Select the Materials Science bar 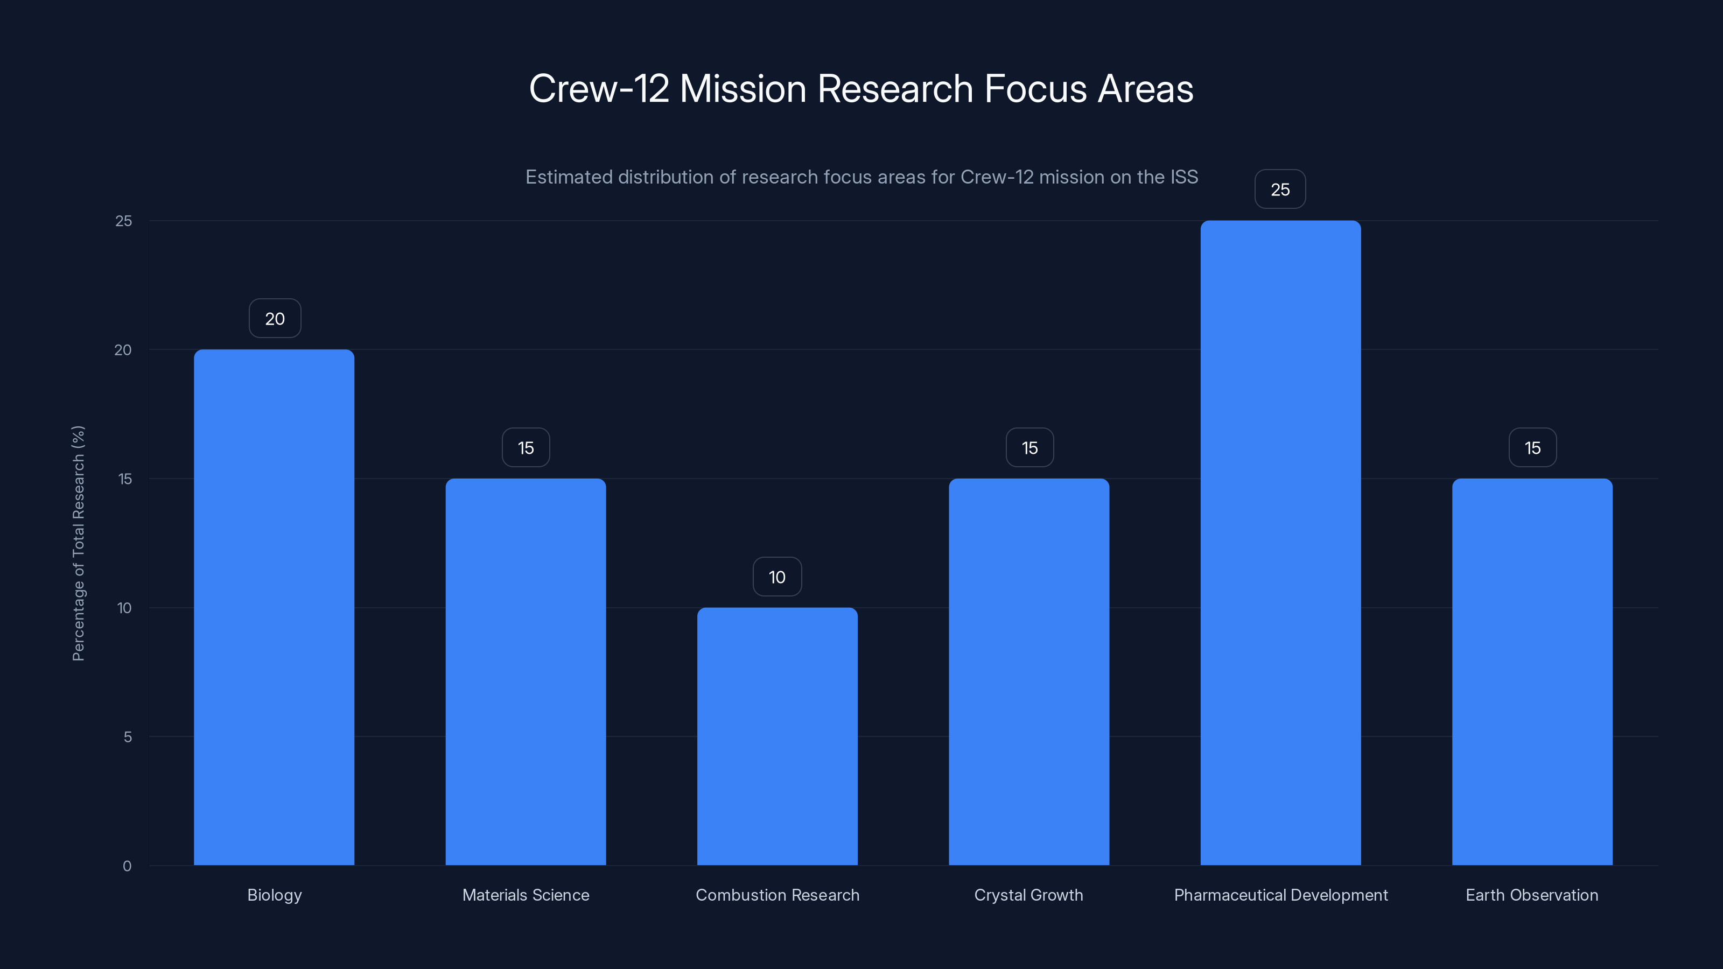(x=526, y=671)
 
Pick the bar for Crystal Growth (x=1029, y=671)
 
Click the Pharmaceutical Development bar (x=1280, y=542)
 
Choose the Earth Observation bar (x=1532, y=671)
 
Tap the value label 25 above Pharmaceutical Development (x=1280, y=189)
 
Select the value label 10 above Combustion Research (x=777, y=577)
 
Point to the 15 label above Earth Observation (x=1532, y=447)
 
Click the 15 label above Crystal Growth (x=1029, y=447)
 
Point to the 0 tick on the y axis (x=127, y=866)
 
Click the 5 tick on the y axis (x=127, y=737)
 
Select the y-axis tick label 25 (x=124, y=221)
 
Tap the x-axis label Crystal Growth (x=1029, y=895)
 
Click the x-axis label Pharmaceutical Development (x=1281, y=895)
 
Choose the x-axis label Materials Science (x=526, y=895)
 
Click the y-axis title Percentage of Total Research (x=78, y=543)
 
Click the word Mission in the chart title (x=743, y=88)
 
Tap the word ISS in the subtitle (x=1184, y=177)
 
